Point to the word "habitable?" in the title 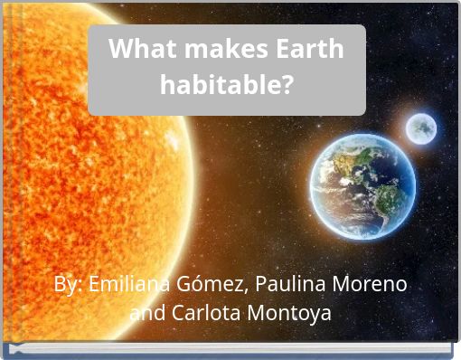pyautogui.click(x=226, y=86)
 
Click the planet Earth pyautogui.click(x=362, y=185)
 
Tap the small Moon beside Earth pyautogui.click(x=420, y=128)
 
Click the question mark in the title pyautogui.click(x=287, y=86)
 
